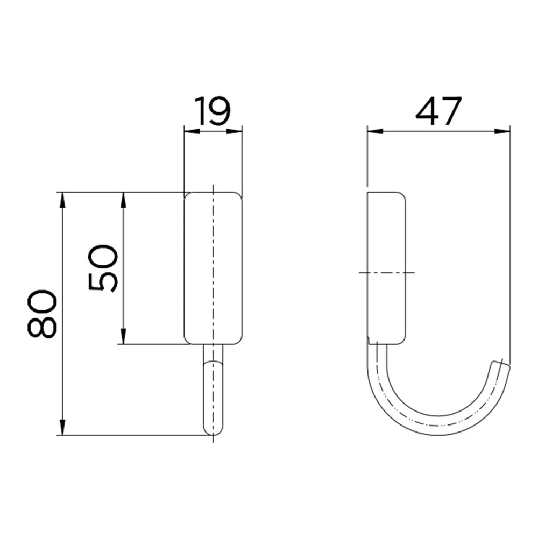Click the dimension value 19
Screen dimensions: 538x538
(213, 111)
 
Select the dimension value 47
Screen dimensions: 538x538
(438, 111)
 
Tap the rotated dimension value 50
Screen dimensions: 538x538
(103, 268)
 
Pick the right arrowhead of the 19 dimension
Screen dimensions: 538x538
(238, 131)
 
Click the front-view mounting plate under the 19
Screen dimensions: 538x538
(214, 267)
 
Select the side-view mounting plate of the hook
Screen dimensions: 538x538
(386, 267)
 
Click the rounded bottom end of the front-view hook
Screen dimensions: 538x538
(213, 429)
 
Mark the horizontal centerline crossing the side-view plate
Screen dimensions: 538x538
(386, 273)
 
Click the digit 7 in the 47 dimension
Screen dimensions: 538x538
(451, 111)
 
